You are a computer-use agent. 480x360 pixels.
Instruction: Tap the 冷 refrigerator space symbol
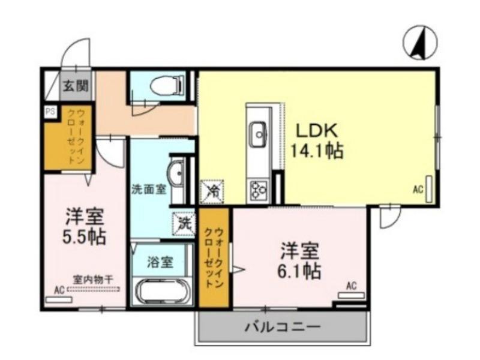[x=212, y=191]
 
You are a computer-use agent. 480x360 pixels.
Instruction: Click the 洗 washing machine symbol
[x=184, y=224]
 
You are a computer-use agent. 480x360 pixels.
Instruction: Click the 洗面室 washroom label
[x=149, y=188]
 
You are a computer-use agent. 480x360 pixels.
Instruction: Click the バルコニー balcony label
[x=282, y=328]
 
